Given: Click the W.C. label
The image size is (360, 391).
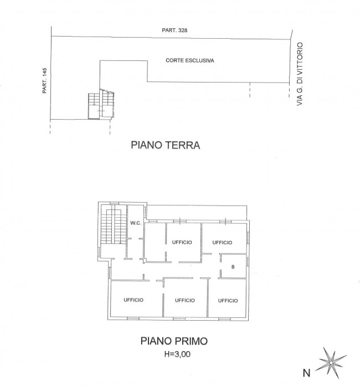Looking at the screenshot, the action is (136, 223).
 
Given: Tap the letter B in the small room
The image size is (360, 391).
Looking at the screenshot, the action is (233, 267).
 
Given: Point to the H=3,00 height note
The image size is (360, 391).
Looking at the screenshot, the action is (177, 354).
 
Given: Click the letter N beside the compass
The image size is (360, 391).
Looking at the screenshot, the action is (306, 373).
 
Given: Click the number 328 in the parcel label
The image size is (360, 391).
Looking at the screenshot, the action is (182, 30).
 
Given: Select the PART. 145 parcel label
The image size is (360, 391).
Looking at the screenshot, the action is (45, 80).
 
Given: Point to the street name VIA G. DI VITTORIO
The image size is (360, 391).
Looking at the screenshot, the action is (300, 74).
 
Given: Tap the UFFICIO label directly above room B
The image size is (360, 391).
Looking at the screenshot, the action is (222, 243).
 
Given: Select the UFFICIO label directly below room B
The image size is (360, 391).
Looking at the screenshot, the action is (228, 301).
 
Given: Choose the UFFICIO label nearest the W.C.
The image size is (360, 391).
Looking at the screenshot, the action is (182, 242).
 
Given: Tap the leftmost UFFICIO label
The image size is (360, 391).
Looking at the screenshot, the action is (133, 300).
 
